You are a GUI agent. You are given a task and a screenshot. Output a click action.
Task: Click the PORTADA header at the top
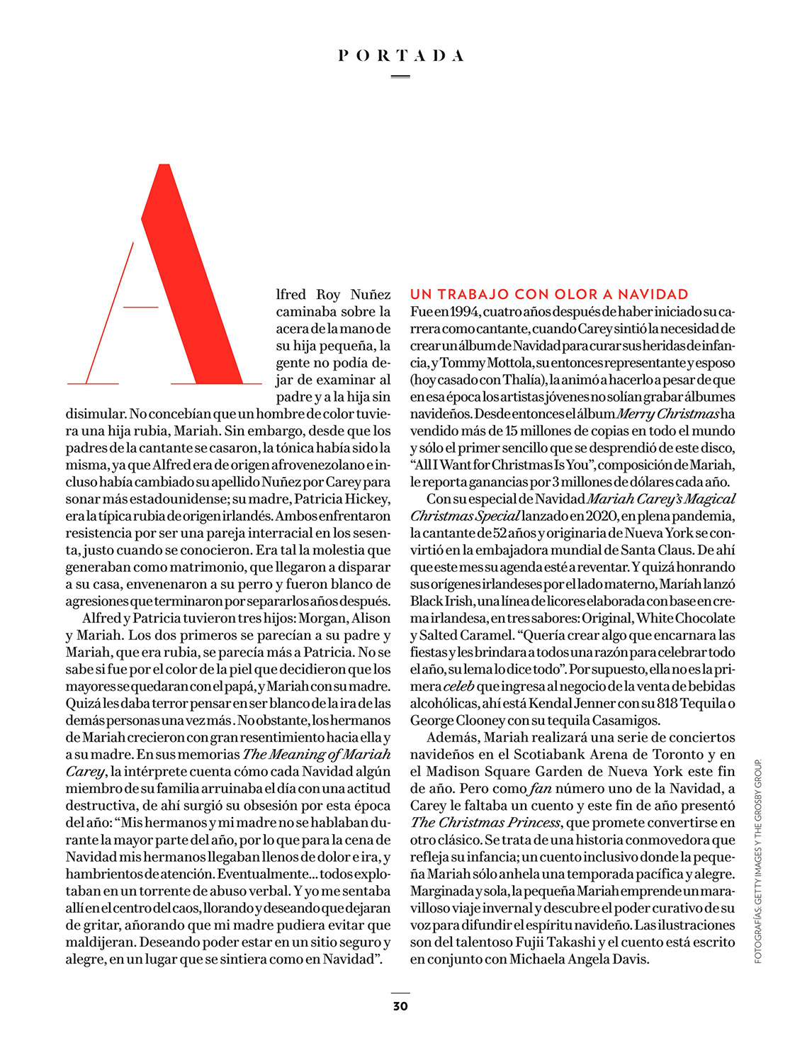[x=401, y=55]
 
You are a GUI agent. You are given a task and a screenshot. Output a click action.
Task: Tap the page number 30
[x=400, y=1006]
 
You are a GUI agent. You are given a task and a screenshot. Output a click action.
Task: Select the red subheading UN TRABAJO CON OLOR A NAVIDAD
[x=549, y=294]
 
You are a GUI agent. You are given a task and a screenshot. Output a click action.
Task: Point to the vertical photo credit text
[x=757, y=861]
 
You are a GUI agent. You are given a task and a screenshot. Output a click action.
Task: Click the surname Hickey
[x=366, y=499]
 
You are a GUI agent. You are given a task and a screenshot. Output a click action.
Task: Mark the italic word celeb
[x=459, y=687]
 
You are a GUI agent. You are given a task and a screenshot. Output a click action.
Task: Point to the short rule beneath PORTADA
[x=400, y=76]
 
